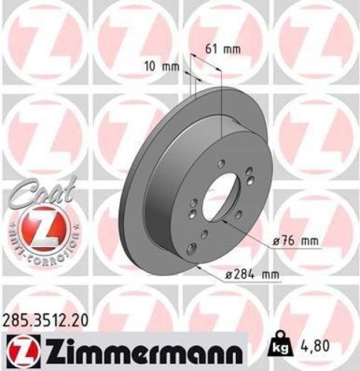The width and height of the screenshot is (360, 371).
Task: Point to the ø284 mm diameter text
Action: [x=254, y=275]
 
